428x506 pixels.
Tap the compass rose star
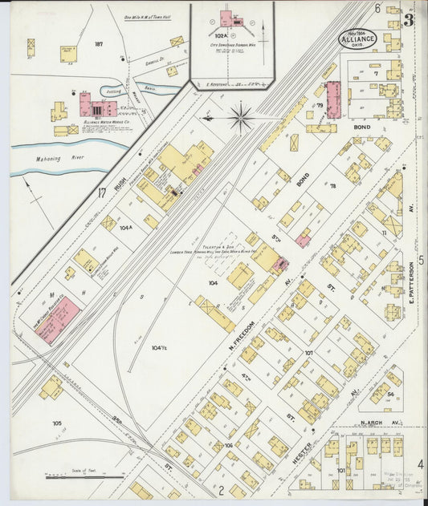[240, 117]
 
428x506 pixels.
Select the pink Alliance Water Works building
[85, 106]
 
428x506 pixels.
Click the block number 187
[99, 44]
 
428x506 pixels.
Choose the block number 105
[57, 423]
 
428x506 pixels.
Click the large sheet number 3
[409, 20]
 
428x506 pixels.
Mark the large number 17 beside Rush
[102, 192]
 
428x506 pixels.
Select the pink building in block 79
[332, 100]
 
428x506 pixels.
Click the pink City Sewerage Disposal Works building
[227, 18]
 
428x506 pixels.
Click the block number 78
[332, 186]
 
